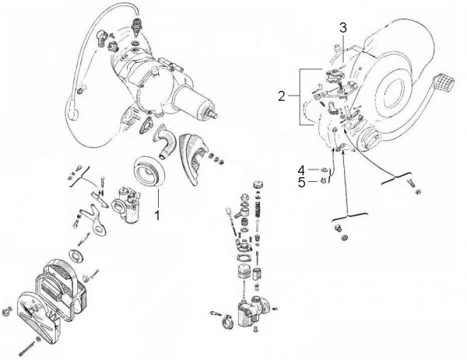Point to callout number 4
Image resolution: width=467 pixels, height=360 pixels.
pos(300,170)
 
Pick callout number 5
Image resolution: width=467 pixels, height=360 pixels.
pos(300,183)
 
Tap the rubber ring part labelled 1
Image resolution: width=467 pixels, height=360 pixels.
pos(148,171)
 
